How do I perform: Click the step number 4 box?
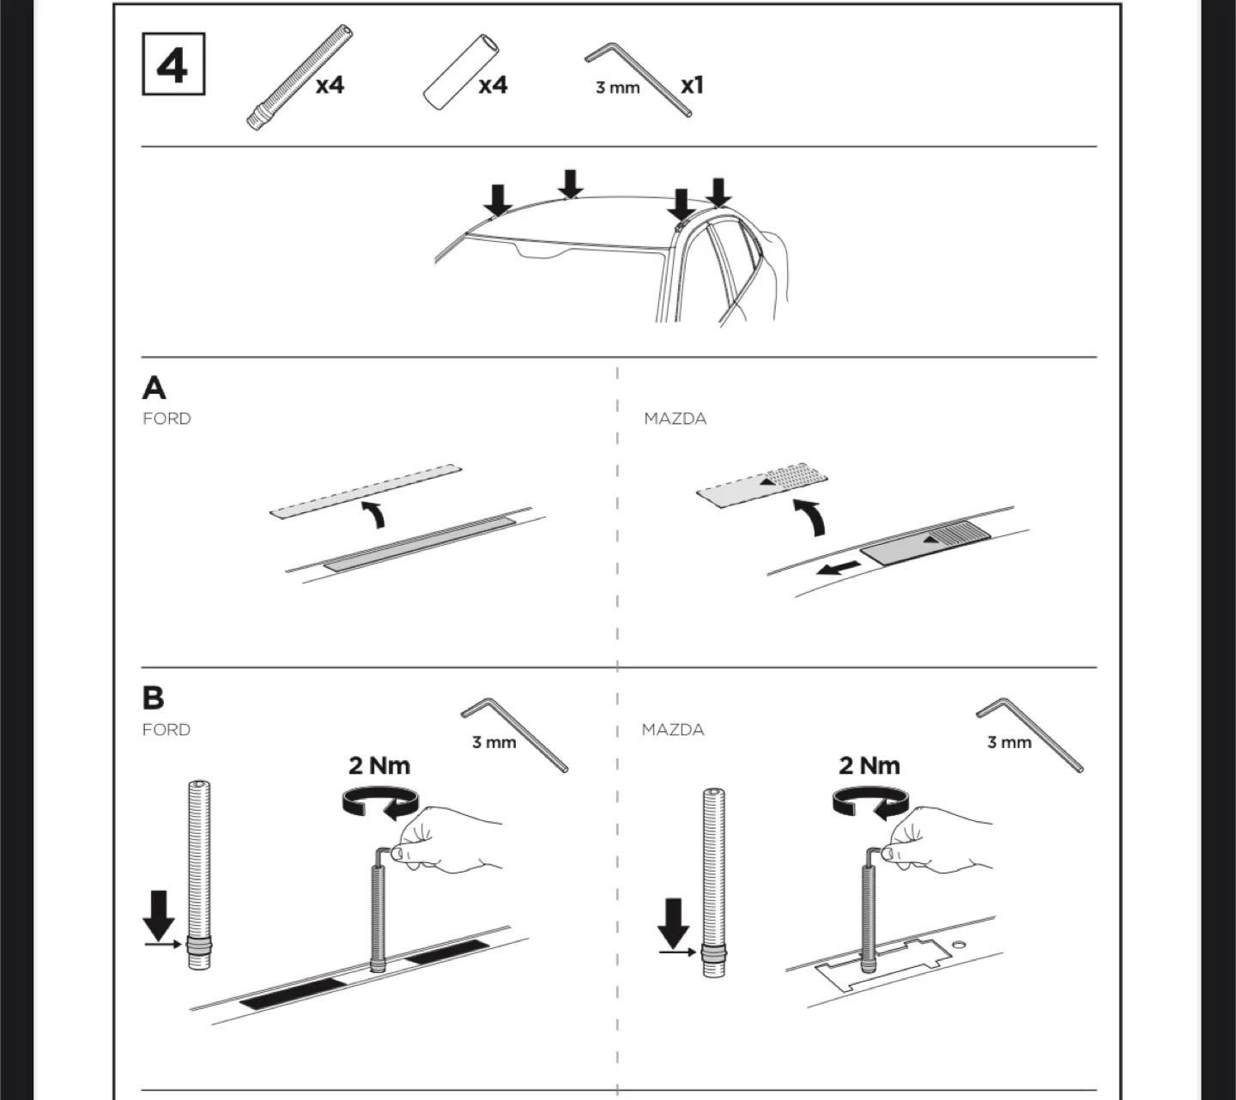[x=173, y=64]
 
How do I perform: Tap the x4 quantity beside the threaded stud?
[x=330, y=85]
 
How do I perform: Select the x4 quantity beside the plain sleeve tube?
[x=493, y=85]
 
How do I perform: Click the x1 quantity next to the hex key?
[x=692, y=86]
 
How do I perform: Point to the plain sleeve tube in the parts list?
[x=460, y=72]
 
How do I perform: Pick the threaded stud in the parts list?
[x=299, y=77]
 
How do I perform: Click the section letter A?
[x=154, y=389]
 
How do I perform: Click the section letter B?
[x=153, y=698]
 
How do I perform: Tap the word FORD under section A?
[x=167, y=419]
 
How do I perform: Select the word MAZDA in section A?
[x=675, y=419]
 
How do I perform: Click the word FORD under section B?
[x=167, y=730]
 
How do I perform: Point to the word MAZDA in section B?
[x=673, y=730]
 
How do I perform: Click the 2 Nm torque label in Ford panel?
[x=379, y=765]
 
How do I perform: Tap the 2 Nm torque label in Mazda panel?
[x=869, y=765]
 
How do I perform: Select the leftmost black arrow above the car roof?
[x=497, y=199]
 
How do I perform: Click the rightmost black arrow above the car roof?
[x=718, y=192]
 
